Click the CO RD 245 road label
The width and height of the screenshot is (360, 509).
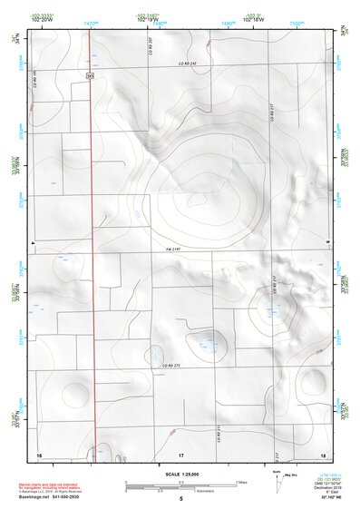point(189,64)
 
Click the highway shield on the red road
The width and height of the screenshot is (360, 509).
point(90,76)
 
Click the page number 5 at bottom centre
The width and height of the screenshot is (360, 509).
point(180,499)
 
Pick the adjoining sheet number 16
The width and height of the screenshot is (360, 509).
point(39,453)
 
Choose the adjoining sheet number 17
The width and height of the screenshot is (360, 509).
point(180,453)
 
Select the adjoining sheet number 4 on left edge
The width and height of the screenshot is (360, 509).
point(32,245)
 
